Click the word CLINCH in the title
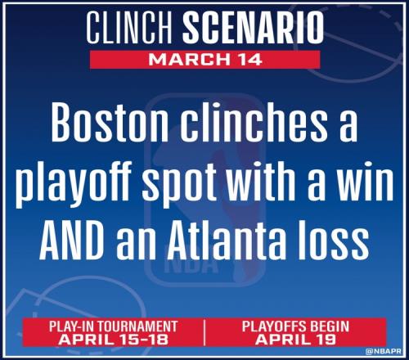pyautogui.click(x=129, y=28)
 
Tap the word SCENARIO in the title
pyautogui.click(x=254, y=28)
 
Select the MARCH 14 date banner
pyautogui.click(x=204, y=60)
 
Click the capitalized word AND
pyautogui.click(x=73, y=242)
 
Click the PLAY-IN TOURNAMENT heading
pyautogui.click(x=113, y=326)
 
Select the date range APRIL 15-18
pyautogui.click(x=113, y=340)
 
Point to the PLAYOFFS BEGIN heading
pyautogui.click(x=295, y=326)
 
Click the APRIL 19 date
pyautogui.click(x=295, y=340)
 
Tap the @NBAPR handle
pyautogui.click(x=384, y=351)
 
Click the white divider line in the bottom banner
pyautogui.click(x=204, y=333)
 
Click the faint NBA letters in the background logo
pyautogui.click(x=191, y=265)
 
